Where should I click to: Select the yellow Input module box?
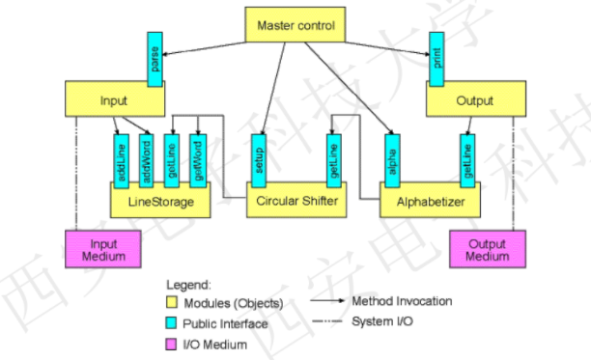coord(114,99)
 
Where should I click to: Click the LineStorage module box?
coord(159,202)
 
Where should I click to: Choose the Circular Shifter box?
coord(295,202)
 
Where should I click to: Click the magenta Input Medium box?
coord(102,248)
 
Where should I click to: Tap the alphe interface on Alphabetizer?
coord(391,160)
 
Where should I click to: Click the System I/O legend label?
coord(382,321)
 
